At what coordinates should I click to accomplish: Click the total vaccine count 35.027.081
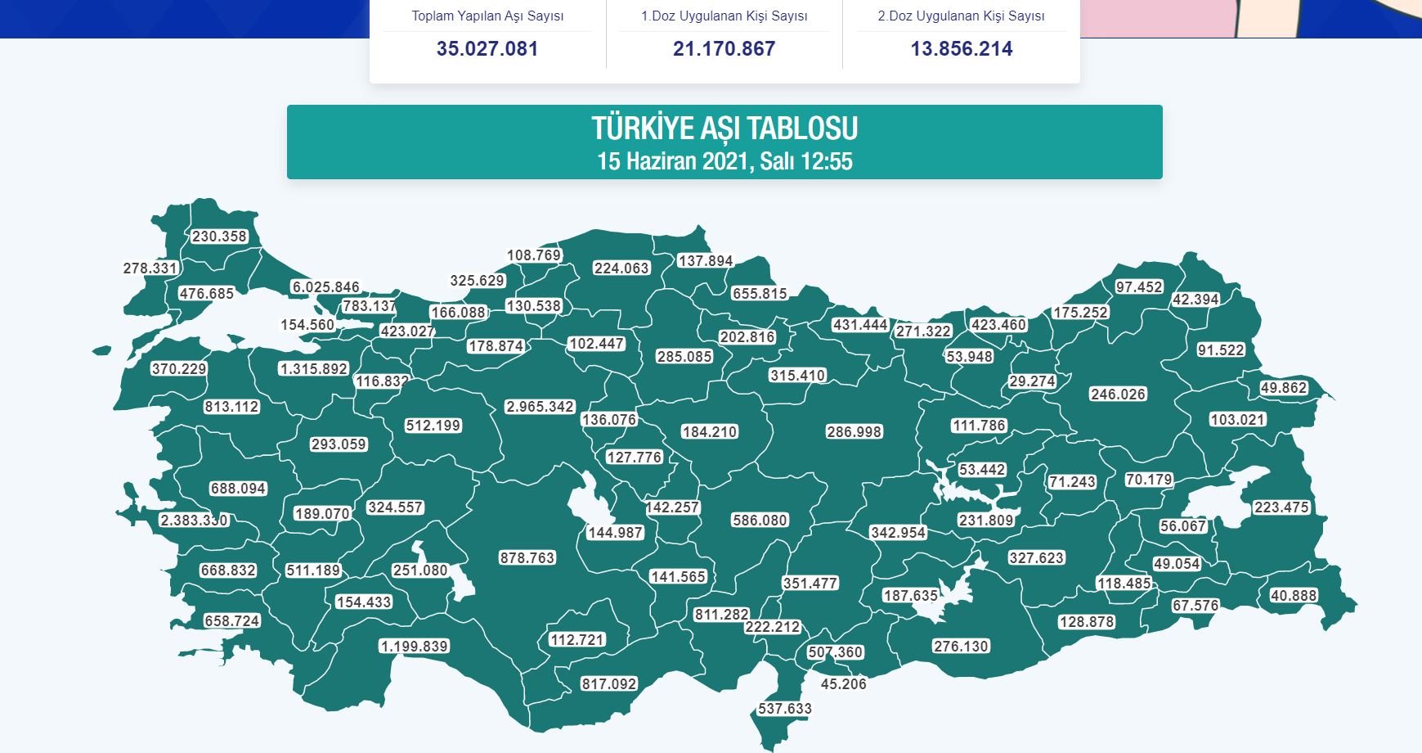487,49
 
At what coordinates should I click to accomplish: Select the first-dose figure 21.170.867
724,49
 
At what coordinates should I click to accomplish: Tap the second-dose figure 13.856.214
961,49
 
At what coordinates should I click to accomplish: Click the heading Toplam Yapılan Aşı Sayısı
487,16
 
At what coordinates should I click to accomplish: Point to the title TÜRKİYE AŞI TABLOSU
724,129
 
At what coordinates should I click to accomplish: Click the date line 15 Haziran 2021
724,161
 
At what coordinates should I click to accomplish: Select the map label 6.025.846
326,287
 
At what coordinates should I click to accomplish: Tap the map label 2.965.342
540,407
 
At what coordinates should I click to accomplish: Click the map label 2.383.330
194,521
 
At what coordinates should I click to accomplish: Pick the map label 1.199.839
415,647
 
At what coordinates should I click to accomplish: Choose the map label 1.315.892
314,369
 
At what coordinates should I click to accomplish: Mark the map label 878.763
527,558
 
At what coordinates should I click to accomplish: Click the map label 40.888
1294,596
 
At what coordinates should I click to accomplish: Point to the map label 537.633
785,709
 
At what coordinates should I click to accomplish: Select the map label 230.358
219,237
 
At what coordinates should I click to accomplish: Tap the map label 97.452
1139,287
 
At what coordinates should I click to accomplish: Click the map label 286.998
855,432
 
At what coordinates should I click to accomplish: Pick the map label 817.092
609,684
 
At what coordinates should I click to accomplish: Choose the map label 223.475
1282,507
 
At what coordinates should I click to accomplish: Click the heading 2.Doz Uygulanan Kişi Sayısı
961,16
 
